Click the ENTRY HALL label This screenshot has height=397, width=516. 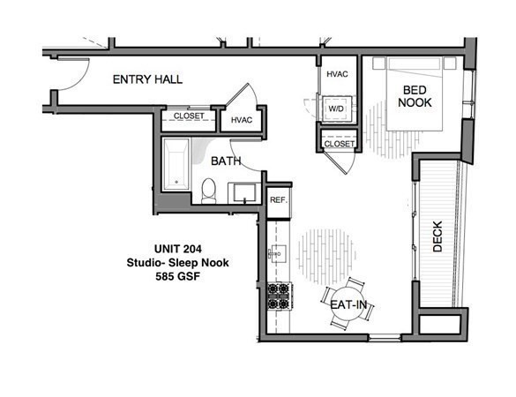pos(147,79)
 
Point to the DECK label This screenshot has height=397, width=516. pos(438,236)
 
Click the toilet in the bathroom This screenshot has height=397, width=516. pos(209,190)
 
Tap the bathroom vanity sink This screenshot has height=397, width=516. pos(243,191)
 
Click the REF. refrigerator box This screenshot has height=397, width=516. pos(278,200)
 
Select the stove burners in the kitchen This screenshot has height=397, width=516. pos(279,296)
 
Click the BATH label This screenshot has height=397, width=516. pos(226,161)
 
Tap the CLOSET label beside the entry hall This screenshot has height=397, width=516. pos(189,116)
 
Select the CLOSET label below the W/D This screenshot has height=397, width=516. pos(339,143)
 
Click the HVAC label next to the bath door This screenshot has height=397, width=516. pos(242,119)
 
